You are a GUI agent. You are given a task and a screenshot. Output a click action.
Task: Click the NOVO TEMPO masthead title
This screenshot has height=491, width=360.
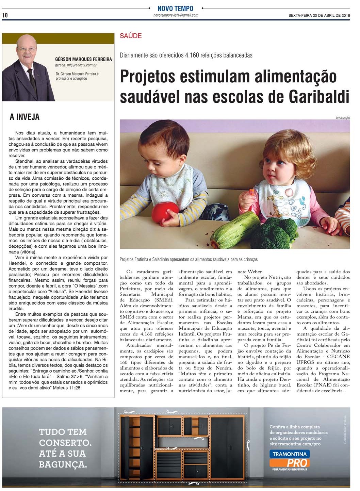[x=175, y=9]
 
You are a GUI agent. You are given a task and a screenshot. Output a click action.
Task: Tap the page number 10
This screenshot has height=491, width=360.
[x=5, y=15]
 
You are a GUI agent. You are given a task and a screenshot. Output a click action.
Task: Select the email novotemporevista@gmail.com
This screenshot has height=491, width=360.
[x=176, y=15]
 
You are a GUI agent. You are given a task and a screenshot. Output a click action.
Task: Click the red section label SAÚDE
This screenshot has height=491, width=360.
[x=131, y=36]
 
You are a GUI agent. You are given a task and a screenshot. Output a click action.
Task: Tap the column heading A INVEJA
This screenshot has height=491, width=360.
[x=24, y=117]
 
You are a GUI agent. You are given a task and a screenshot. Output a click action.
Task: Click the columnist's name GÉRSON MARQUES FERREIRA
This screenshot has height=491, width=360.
[x=83, y=59]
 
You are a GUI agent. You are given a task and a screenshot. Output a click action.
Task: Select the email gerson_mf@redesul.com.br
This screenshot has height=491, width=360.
[x=76, y=65]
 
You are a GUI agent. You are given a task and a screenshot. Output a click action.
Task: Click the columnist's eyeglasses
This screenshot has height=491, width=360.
[x=27, y=50]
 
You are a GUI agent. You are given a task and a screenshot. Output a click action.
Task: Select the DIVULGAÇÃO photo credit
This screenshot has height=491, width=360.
[x=343, y=118]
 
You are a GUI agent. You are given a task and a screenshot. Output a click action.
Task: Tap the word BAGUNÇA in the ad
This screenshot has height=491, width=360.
[x=63, y=464]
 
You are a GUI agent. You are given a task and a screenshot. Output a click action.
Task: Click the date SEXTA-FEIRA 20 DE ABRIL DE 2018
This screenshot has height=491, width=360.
[x=319, y=15]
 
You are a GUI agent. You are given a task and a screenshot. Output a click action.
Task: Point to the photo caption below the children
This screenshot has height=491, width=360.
[x=189, y=259]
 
